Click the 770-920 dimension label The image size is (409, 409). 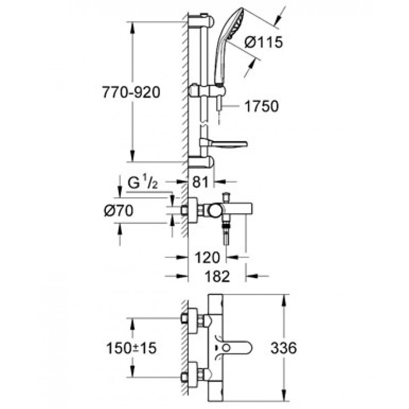(131, 93)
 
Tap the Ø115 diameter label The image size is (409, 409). (264, 42)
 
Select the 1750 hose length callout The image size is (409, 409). (262, 106)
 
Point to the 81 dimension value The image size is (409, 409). (200, 182)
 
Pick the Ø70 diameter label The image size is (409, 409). (119, 211)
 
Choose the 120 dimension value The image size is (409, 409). (208, 258)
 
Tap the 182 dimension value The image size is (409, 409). (217, 276)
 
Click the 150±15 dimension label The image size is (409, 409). (131, 348)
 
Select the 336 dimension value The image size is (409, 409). (284, 348)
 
